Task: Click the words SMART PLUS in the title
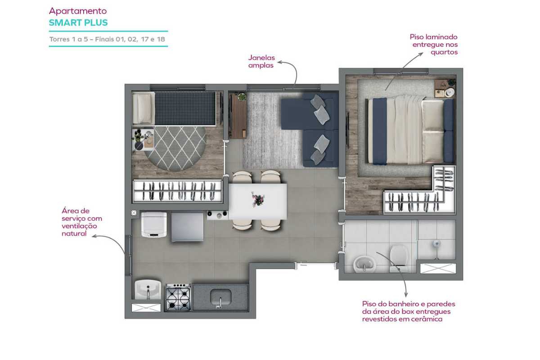78,22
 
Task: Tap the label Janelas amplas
261,62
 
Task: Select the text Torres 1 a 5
68,39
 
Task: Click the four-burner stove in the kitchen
178,297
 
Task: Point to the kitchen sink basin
220,297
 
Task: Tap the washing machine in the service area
154,225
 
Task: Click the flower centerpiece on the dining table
258,199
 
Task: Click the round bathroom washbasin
364,264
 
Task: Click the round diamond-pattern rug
175,148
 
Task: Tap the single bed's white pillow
144,108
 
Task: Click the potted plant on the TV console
242,97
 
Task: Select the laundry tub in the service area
148,290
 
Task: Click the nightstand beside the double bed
445,89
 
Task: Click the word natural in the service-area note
74,234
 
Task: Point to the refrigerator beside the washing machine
187,227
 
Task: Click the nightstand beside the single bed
143,139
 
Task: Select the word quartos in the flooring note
444,52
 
